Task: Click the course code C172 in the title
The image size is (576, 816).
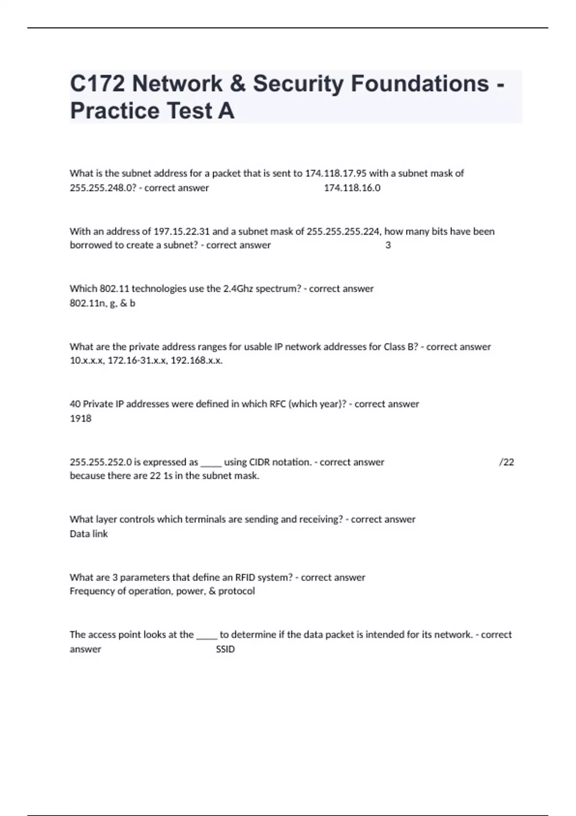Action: (97, 84)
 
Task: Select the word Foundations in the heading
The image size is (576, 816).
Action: (420, 84)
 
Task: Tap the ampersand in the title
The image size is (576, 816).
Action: (238, 84)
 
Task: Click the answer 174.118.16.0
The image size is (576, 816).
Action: (352, 188)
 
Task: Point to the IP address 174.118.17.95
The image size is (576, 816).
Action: (336, 173)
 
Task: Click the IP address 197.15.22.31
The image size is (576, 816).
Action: (181, 231)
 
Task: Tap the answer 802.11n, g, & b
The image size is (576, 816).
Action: (102, 303)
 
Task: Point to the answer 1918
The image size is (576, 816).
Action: (81, 419)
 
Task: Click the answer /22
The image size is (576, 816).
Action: (506, 462)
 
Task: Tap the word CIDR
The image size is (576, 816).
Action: (260, 462)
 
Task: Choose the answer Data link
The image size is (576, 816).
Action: (89, 534)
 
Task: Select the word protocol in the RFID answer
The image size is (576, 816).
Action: (237, 591)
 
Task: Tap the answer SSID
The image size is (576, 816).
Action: (225, 649)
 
